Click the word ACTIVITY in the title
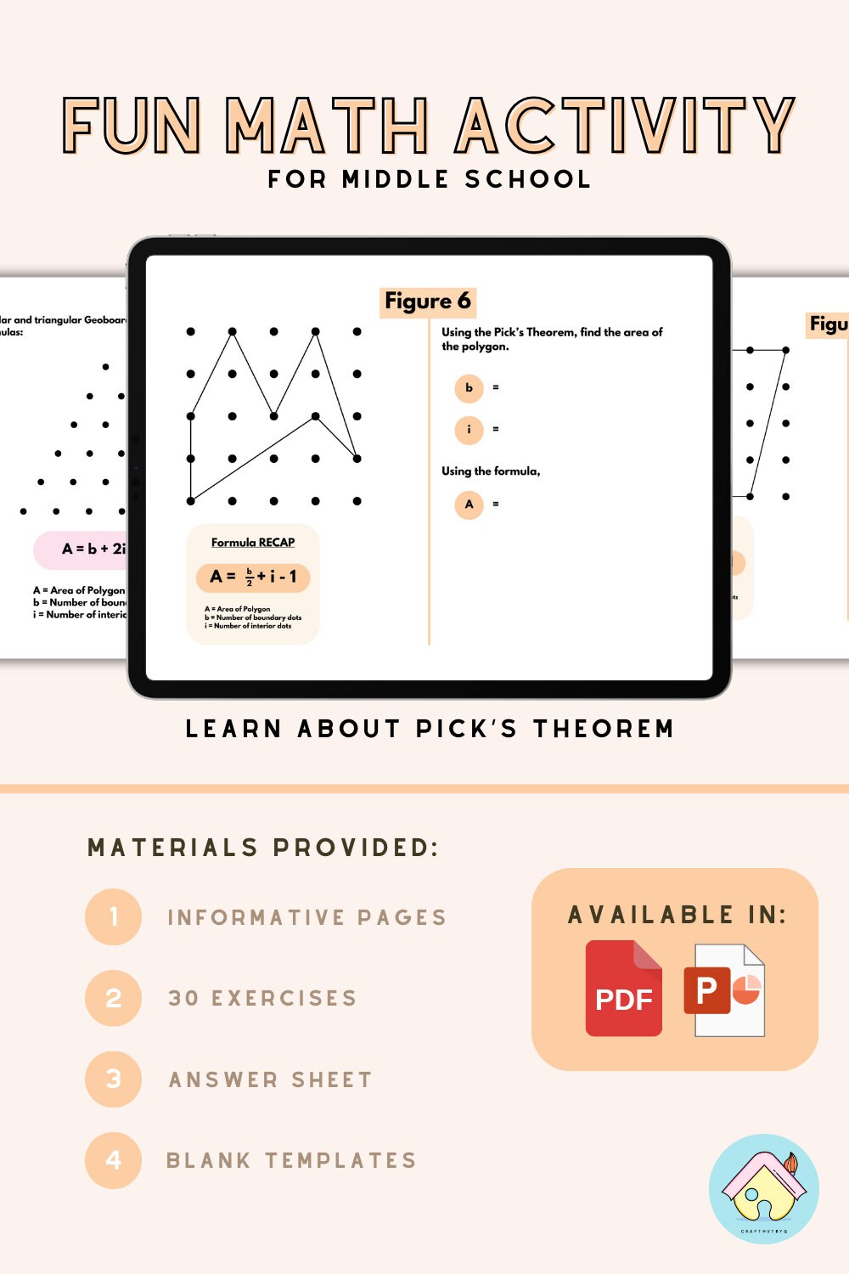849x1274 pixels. pos(625,126)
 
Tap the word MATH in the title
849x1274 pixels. pos(327,126)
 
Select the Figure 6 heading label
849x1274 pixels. pos(427,301)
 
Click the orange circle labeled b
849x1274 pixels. pos(469,388)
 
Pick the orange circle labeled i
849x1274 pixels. pos(469,430)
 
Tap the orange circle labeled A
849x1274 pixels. pos(469,505)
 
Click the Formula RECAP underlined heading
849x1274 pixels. pos(253,542)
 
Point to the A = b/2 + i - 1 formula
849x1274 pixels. pos(253,577)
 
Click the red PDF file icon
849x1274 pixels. pos(624,989)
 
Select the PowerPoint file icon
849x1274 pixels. pos(724,990)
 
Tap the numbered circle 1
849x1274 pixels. pos(113,917)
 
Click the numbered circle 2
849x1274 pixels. pos(113,998)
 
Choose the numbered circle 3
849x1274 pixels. pos(113,1080)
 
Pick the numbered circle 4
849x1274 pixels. pos(113,1160)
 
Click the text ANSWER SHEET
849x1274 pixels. pos(271,1080)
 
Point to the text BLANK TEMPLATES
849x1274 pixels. pos(291,1160)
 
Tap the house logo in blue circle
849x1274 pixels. pos(763,1189)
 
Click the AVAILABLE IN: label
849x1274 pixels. pos(677,915)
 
